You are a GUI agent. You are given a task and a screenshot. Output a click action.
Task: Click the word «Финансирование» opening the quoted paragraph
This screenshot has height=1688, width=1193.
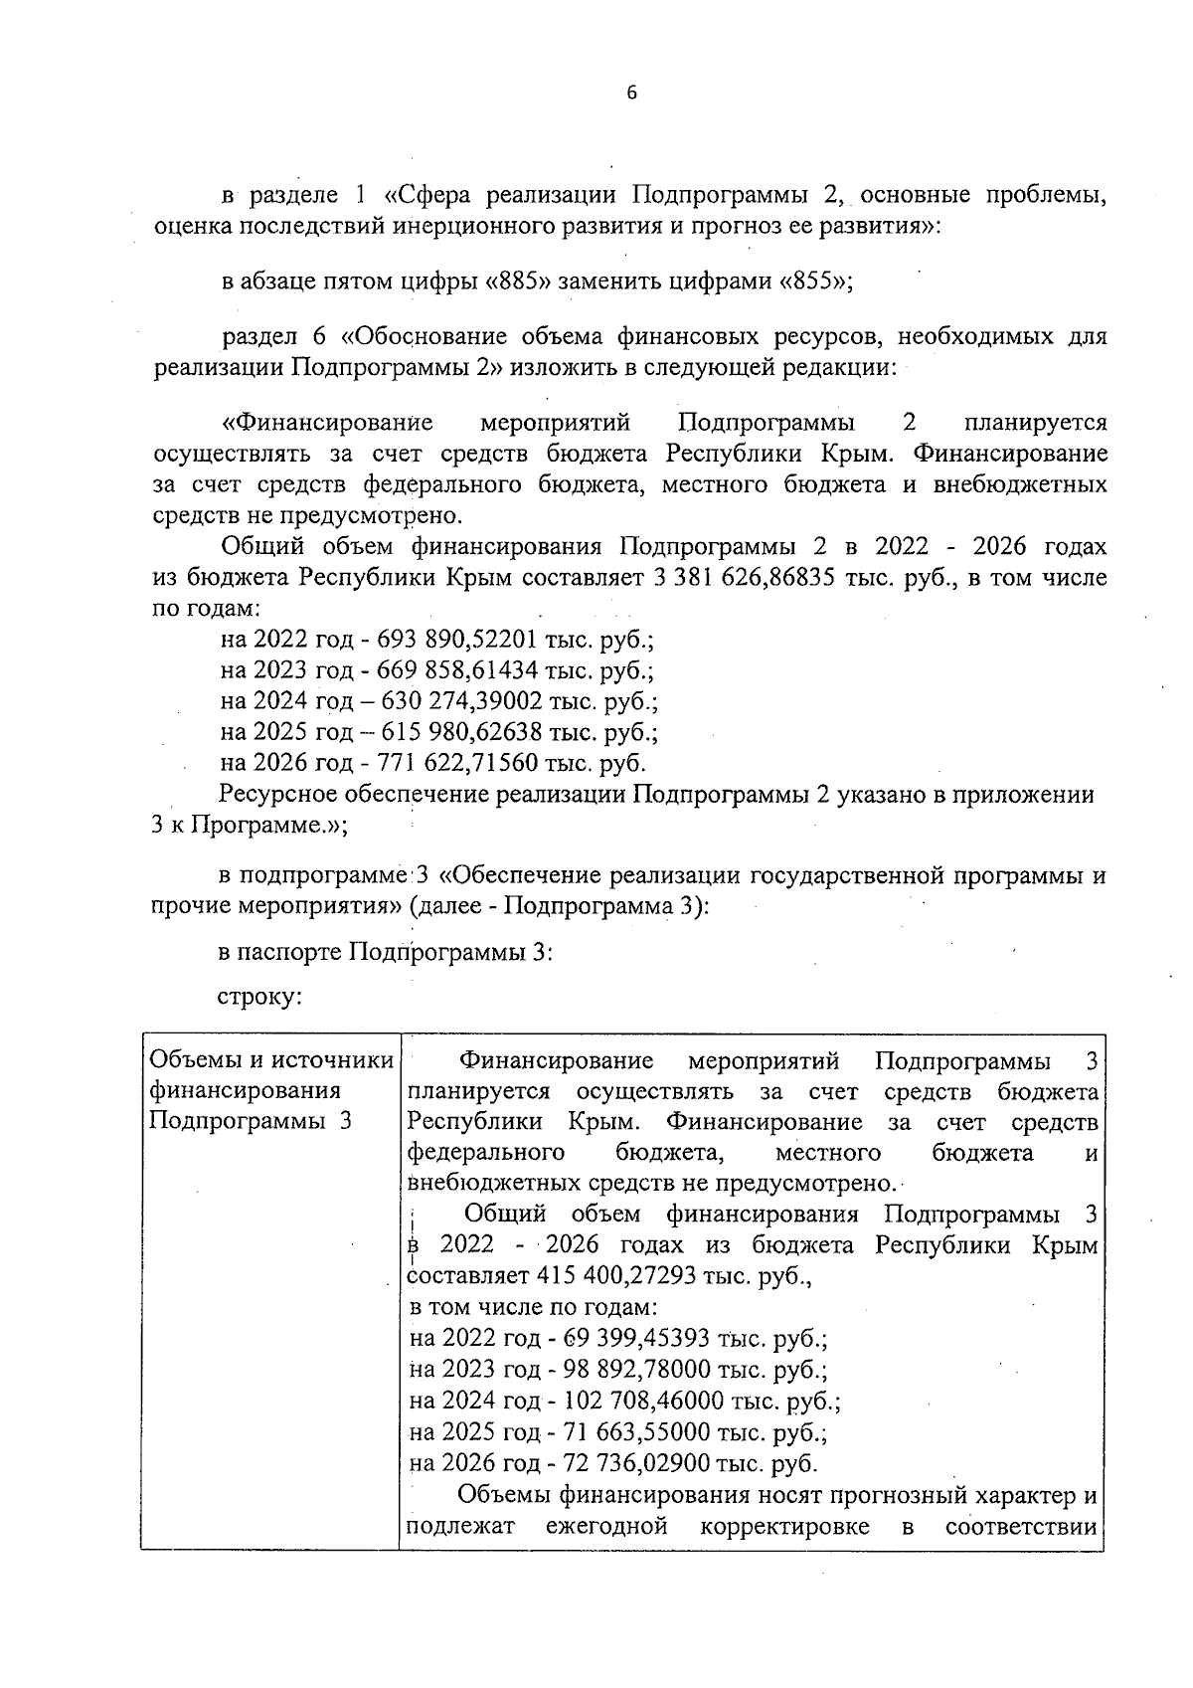(x=328, y=423)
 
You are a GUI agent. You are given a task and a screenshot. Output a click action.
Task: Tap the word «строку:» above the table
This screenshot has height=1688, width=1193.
(x=259, y=996)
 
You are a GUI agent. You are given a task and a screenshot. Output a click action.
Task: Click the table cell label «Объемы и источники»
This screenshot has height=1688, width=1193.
(x=270, y=1061)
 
